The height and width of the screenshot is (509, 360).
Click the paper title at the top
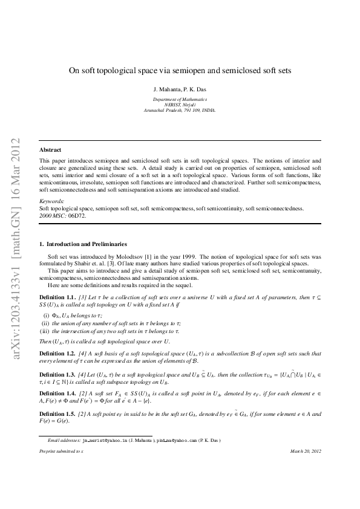click(x=180, y=70)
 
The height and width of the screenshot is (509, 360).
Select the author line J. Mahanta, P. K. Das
click(x=180, y=88)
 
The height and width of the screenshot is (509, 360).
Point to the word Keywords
click(x=51, y=201)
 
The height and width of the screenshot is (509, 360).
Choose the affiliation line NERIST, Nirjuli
click(x=180, y=105)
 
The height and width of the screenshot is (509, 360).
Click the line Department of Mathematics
click(x=180, y=99)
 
